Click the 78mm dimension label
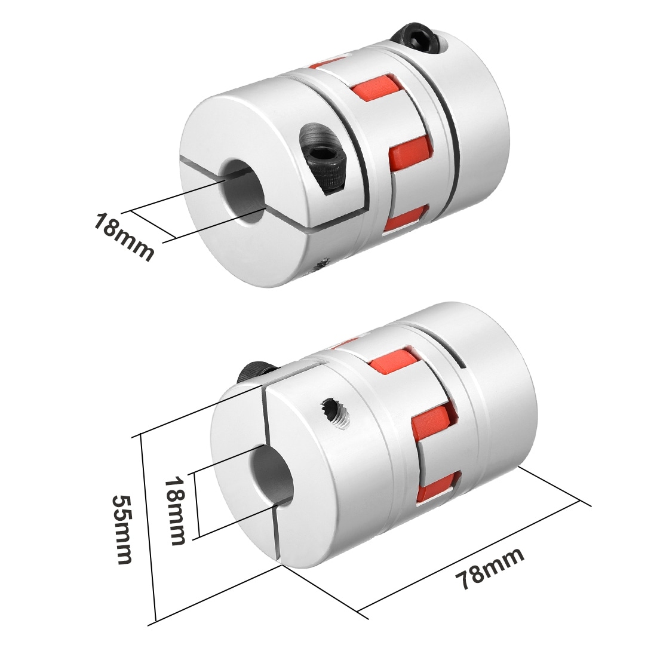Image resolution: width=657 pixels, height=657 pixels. click(x=489, y=567)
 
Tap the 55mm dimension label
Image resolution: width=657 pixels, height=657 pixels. click(x=122, y=529)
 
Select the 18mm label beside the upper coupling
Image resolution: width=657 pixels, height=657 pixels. click(x=123, y=237)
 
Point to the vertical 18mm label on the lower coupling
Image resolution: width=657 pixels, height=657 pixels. click(x=175, y=510)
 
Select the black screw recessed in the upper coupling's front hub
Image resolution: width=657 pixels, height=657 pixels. click(x=327, y=158)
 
